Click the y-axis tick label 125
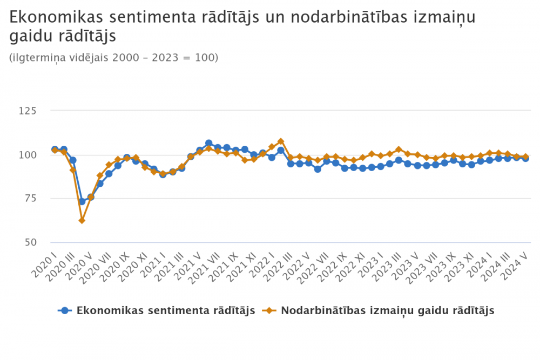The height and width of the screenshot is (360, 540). pyautogui.click(x=43, y=111)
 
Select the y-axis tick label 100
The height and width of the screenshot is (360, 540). pyautogui.click(x=43, y=154)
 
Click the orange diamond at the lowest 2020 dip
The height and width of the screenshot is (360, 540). pyautogui.click(x=82, y=220)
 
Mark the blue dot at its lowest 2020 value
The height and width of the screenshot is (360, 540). pyautogui.click(x=82, y=201)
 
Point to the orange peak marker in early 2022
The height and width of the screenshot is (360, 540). pyautogui.click(x=281, y=141)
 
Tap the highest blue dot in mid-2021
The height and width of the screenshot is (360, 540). pyautogui.click(x=209, y=143)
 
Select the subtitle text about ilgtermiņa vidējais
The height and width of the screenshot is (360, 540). pyautogui.click(x=114, y=57)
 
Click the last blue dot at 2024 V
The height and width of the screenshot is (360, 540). pyautogui.click(x=525, y=158)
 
